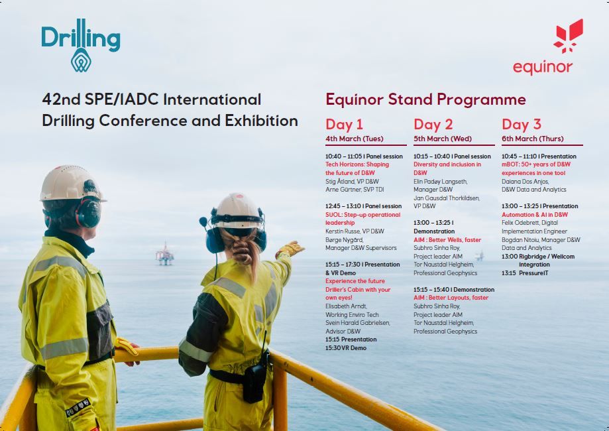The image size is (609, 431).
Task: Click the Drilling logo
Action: [x=81, y=46]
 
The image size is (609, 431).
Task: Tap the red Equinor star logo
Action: [x=569, y=36]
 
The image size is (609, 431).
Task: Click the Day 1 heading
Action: [x=344, y=125]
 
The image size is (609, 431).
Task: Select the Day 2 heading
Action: [x=433, y=125]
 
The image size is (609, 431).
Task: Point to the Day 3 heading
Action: [x=522, y=125]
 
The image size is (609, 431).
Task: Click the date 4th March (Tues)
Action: [x=355, y=139]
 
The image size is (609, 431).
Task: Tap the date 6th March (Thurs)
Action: [x=533, y=139]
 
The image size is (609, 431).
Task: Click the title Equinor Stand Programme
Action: [x=425, y=99]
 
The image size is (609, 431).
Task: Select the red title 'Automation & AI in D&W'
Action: [x=534, y=215]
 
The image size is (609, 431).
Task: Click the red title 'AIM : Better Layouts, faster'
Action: [x=451, y=298]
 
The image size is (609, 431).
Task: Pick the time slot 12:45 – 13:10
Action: [x=343, y=206]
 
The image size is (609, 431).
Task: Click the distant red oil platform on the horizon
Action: [x=165, y=255]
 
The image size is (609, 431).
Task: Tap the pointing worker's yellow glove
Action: [x=290, y=249]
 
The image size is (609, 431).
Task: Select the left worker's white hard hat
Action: [x=70, y=184]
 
